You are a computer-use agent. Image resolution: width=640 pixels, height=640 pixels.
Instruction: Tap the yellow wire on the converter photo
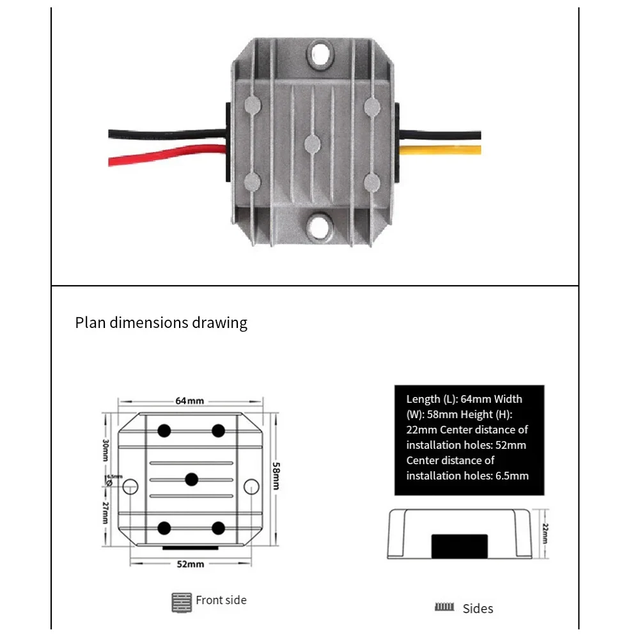[x=441, y=151]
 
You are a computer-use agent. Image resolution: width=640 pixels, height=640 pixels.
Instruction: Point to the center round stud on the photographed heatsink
[x=313, y=143]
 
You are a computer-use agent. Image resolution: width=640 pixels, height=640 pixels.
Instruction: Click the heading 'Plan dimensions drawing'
[x=161, y=322]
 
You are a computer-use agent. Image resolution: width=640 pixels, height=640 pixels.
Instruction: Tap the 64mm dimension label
[x=190, y=401]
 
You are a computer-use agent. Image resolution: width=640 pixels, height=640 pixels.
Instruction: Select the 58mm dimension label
[x=276, y=476]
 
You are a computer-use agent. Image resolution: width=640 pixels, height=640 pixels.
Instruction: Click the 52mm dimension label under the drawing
[x=191, y=564]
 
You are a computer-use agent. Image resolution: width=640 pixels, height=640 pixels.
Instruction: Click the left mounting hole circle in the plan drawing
[x=130, y=486]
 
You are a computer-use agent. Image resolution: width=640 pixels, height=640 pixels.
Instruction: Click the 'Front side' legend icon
[x=182, y=601]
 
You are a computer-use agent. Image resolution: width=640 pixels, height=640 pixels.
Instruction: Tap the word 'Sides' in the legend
[x=478, y=609]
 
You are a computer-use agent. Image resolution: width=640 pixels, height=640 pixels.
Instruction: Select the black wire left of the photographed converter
[x=166, y=134]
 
